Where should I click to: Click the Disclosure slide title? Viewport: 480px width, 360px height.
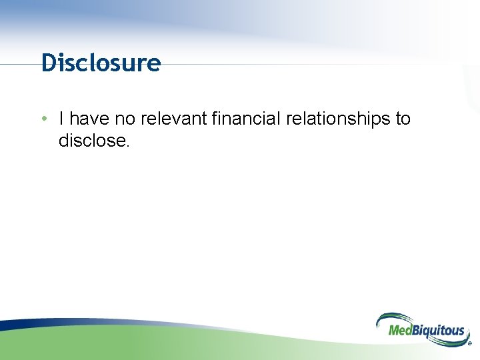pyautogui.click(x=101, y=63)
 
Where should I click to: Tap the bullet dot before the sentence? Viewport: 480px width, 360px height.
pyautogui.click(x=43, y=119)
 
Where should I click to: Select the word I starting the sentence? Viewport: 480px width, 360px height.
pyautogui.click(x=61, y=119)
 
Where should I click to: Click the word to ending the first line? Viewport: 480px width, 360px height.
pyautogui.click(x=403, y=119)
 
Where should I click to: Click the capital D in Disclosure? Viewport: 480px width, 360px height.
pyautogui.click(x=48, y=63)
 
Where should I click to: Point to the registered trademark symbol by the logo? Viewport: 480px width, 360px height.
pyautogui.click(x=469, y=344)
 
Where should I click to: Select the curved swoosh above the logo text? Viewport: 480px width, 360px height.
pyautogui.click(x=400, y=317)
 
